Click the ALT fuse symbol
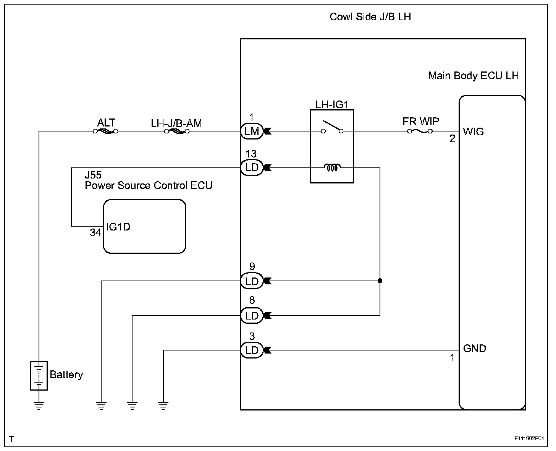point(105,131)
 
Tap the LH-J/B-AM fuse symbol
point(177,131)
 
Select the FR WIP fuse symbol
point(420,131)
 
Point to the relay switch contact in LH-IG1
point(332,127)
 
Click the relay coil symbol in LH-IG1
point(332,167)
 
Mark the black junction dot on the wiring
point(380,281)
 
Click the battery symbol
point(39,375)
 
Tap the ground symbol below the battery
point(39,405)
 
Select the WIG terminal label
point(473,131)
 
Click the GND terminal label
point(475,348)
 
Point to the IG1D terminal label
point(118,227)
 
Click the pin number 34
point(95,232)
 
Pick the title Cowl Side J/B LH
point(370,17)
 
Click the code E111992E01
point(529,438)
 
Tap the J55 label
point(93,175)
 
